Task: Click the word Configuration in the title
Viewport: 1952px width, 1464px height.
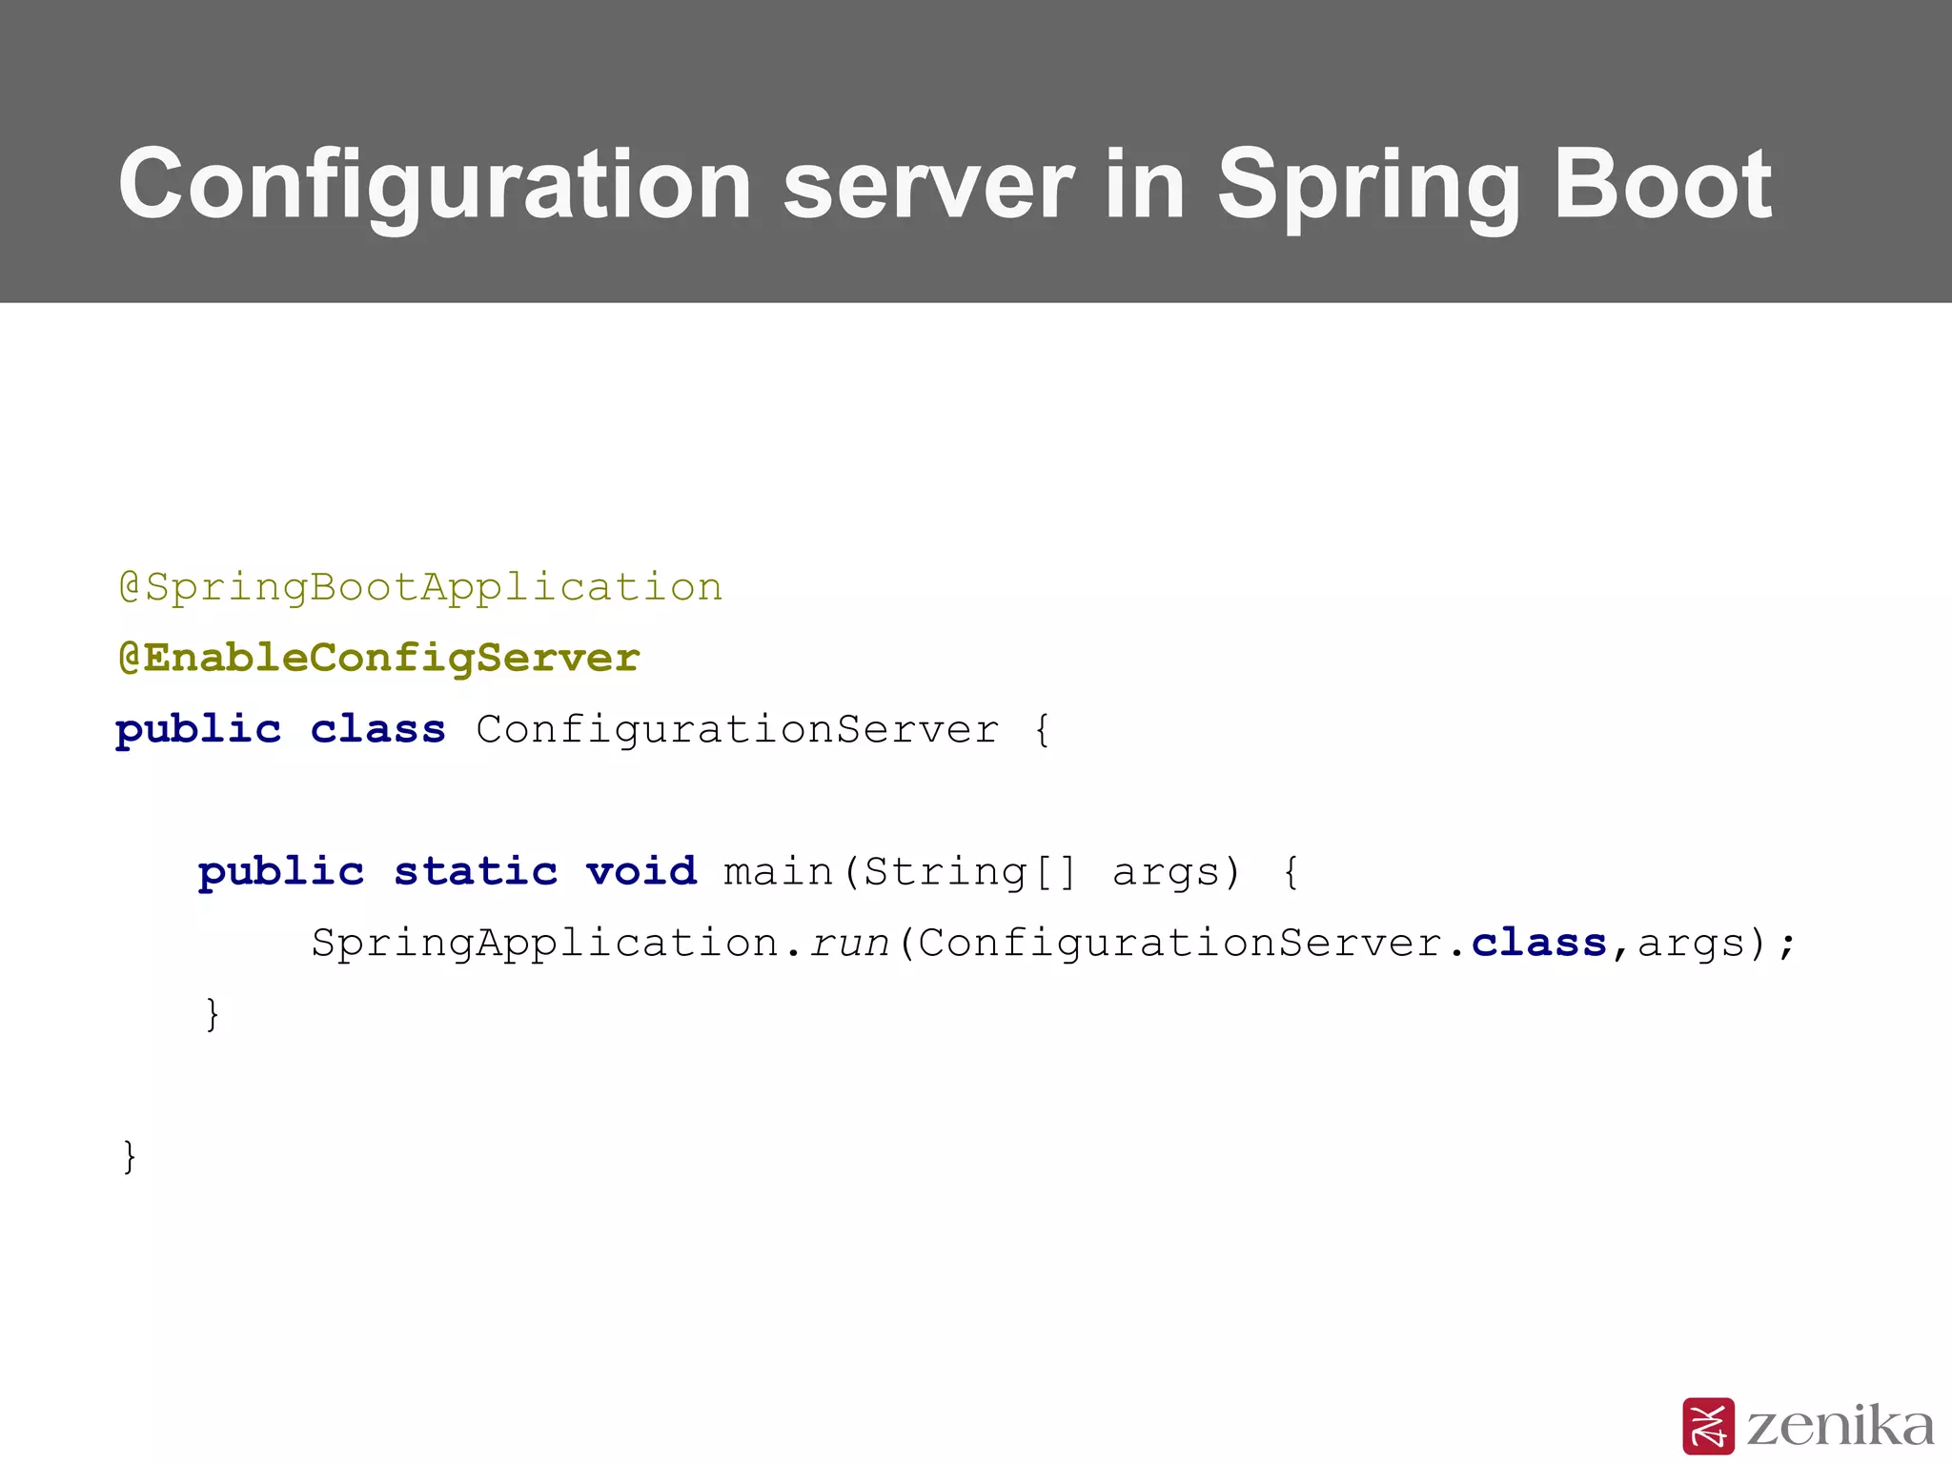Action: pos(435,185)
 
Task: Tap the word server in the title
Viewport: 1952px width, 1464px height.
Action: pos(928,185)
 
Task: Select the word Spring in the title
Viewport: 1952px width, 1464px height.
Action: pos(1369,187)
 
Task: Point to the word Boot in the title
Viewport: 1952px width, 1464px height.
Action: pos(1662,185)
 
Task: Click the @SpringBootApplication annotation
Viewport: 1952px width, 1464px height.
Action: pos(420,587)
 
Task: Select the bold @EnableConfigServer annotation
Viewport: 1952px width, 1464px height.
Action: pos(378,658)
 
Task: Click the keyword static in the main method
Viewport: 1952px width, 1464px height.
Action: pos(476,871)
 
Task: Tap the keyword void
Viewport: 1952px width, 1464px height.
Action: pos(641,871)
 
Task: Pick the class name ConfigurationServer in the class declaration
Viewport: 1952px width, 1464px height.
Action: pos(738,730)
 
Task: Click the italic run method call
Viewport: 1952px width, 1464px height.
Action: pos(849,944)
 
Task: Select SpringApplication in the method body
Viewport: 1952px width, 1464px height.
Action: pos(545,944)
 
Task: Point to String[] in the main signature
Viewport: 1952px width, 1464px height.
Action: pos(969,871)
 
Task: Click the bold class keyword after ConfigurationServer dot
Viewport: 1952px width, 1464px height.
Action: pos(1538,943)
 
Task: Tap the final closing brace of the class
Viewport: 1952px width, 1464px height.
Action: pos(130,1156)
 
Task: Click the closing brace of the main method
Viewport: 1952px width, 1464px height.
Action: pos(213,1014)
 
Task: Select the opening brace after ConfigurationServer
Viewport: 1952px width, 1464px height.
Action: pos(1042,730)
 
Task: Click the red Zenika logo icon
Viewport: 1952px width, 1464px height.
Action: pos(1708,1426)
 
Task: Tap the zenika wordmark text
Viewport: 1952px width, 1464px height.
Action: pos(1840,1426)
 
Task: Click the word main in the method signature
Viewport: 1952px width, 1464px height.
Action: pos(778,871)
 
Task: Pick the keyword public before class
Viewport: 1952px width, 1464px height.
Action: pos(198,730)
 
